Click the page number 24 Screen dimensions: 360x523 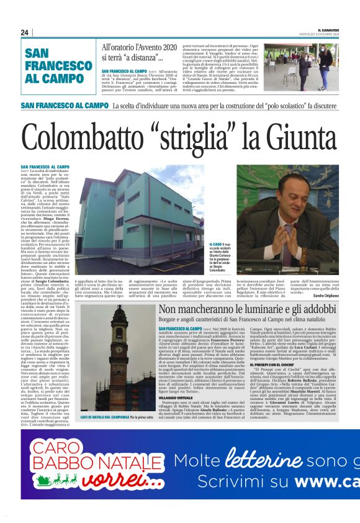tap(24, 32)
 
